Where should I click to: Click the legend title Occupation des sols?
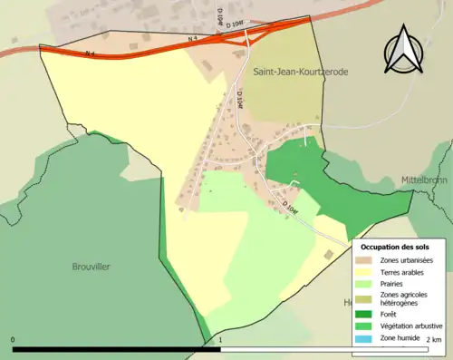[395, 247]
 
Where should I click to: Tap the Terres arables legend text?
[403, 272]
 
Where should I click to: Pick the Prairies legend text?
[394, 284]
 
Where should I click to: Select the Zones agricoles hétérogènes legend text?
[405, 299]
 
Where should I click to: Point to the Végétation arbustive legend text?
[410, 327]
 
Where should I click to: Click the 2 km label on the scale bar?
[437, 340]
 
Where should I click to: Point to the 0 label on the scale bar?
[14, 340]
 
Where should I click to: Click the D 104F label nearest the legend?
[289, 207]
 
